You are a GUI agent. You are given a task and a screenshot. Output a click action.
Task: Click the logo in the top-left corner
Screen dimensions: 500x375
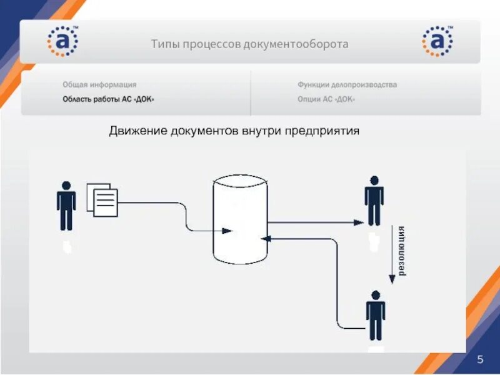(62, 42)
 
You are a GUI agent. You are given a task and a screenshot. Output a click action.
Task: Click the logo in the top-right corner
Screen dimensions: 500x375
(437, 42)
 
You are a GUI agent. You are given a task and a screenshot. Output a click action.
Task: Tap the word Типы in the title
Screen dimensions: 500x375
(164, 44)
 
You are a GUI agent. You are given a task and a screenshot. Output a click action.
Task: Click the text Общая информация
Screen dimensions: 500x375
(99, 84)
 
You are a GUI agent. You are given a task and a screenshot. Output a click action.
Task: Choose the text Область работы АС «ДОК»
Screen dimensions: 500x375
(107, 99)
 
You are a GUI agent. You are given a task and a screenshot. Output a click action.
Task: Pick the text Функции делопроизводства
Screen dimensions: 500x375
(347, 84)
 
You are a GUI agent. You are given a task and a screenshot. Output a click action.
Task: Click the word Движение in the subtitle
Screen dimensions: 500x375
(137, 131)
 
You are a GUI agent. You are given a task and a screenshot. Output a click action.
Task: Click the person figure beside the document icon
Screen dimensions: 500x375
(66, 206)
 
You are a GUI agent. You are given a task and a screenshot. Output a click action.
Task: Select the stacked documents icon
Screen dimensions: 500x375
(102, 199)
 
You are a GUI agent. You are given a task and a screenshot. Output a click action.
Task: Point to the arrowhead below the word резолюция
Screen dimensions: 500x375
(392, 279)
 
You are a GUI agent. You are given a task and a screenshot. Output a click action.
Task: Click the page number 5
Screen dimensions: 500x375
(480, 359)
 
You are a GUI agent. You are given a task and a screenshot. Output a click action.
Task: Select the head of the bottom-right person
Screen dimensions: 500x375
(375, 295)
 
